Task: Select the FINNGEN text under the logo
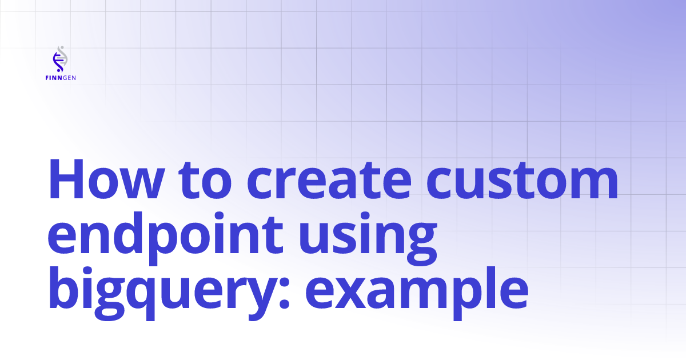point(60,78)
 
